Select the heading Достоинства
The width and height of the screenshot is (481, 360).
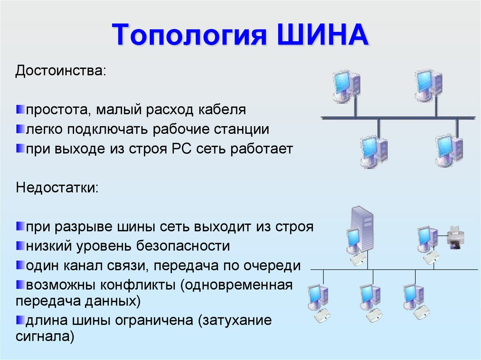pos(61,72)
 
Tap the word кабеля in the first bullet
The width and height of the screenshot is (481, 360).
pos(220,110)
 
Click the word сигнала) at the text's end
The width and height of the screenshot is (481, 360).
pos(45,337)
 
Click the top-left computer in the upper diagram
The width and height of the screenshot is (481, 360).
pos(347,86)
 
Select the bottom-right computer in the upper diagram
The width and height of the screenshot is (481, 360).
pos(449,151)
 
